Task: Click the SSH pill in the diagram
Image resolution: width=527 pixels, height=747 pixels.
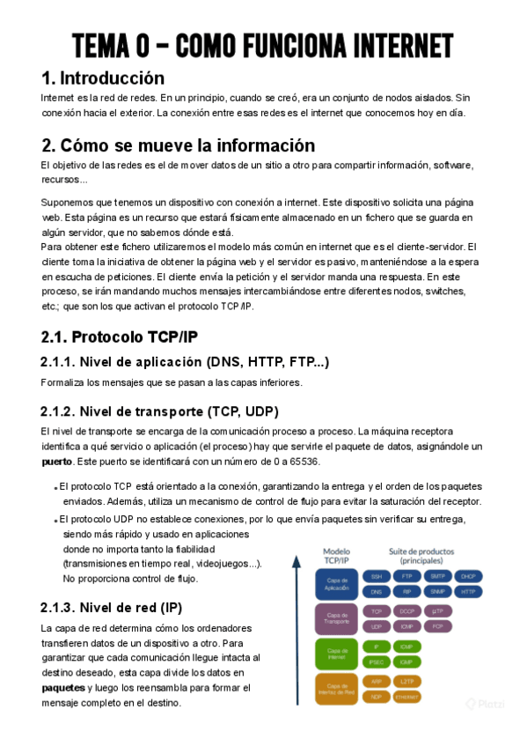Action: tap(377, 576)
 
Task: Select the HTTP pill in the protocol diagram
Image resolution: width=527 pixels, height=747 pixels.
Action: tap(467, 592)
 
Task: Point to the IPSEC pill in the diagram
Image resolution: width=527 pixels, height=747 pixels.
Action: tap(377, 661)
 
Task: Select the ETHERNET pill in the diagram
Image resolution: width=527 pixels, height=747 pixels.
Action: tap(406, 696)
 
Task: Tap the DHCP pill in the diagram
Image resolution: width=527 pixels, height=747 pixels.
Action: tap(467, 576)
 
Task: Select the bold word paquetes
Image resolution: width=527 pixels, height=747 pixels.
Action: tap(62, 687)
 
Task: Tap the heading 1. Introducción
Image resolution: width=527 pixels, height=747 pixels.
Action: tap(103, 78)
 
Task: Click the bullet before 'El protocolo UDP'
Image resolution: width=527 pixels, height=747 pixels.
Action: tap(55, 520)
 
